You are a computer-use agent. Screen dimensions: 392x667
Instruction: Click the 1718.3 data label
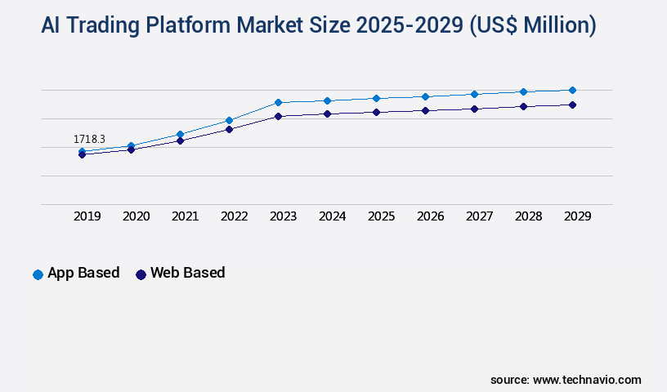89,140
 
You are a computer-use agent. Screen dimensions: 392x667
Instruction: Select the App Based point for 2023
278,102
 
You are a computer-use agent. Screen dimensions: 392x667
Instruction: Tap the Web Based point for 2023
278,116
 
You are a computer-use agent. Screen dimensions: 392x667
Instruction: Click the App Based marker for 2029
572,90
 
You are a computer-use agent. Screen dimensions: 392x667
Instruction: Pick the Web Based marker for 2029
572,105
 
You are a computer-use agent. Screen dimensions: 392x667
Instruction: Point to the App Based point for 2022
229,120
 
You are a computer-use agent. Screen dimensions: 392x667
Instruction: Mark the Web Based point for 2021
180,140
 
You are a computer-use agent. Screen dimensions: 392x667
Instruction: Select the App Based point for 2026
425,96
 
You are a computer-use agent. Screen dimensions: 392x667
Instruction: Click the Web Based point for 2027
474,109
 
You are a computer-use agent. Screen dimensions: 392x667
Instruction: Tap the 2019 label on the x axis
87,216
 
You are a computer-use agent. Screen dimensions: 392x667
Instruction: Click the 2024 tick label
332,216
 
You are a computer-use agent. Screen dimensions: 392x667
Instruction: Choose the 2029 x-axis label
577,216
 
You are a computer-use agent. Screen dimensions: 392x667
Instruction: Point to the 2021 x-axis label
185,216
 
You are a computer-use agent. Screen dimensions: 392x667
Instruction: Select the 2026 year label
430,216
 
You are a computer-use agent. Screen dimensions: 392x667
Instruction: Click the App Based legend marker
38,274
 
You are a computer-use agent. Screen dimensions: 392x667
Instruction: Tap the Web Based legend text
187,273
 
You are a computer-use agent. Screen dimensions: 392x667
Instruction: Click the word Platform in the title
190,26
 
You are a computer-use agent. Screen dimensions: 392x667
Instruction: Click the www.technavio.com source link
587,380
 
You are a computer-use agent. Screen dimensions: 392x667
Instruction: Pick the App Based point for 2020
131,145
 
